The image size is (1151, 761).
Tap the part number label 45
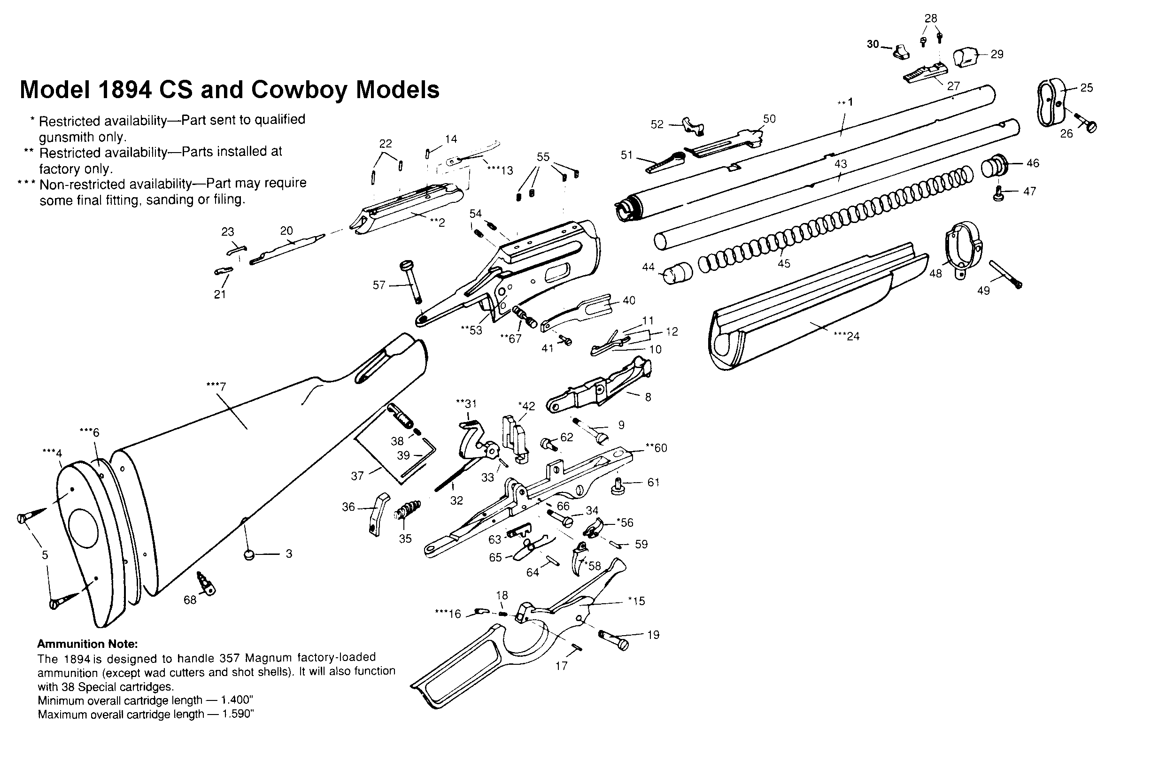[x=784, y=263]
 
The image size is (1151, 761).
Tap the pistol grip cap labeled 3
[x=249, y=555]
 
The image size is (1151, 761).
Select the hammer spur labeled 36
[x=379, y=514]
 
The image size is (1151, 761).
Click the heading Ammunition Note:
[x=87, y=644]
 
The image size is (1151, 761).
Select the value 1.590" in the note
[x=238, y=715]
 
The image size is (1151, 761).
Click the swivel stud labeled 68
[x=206, y=584]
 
